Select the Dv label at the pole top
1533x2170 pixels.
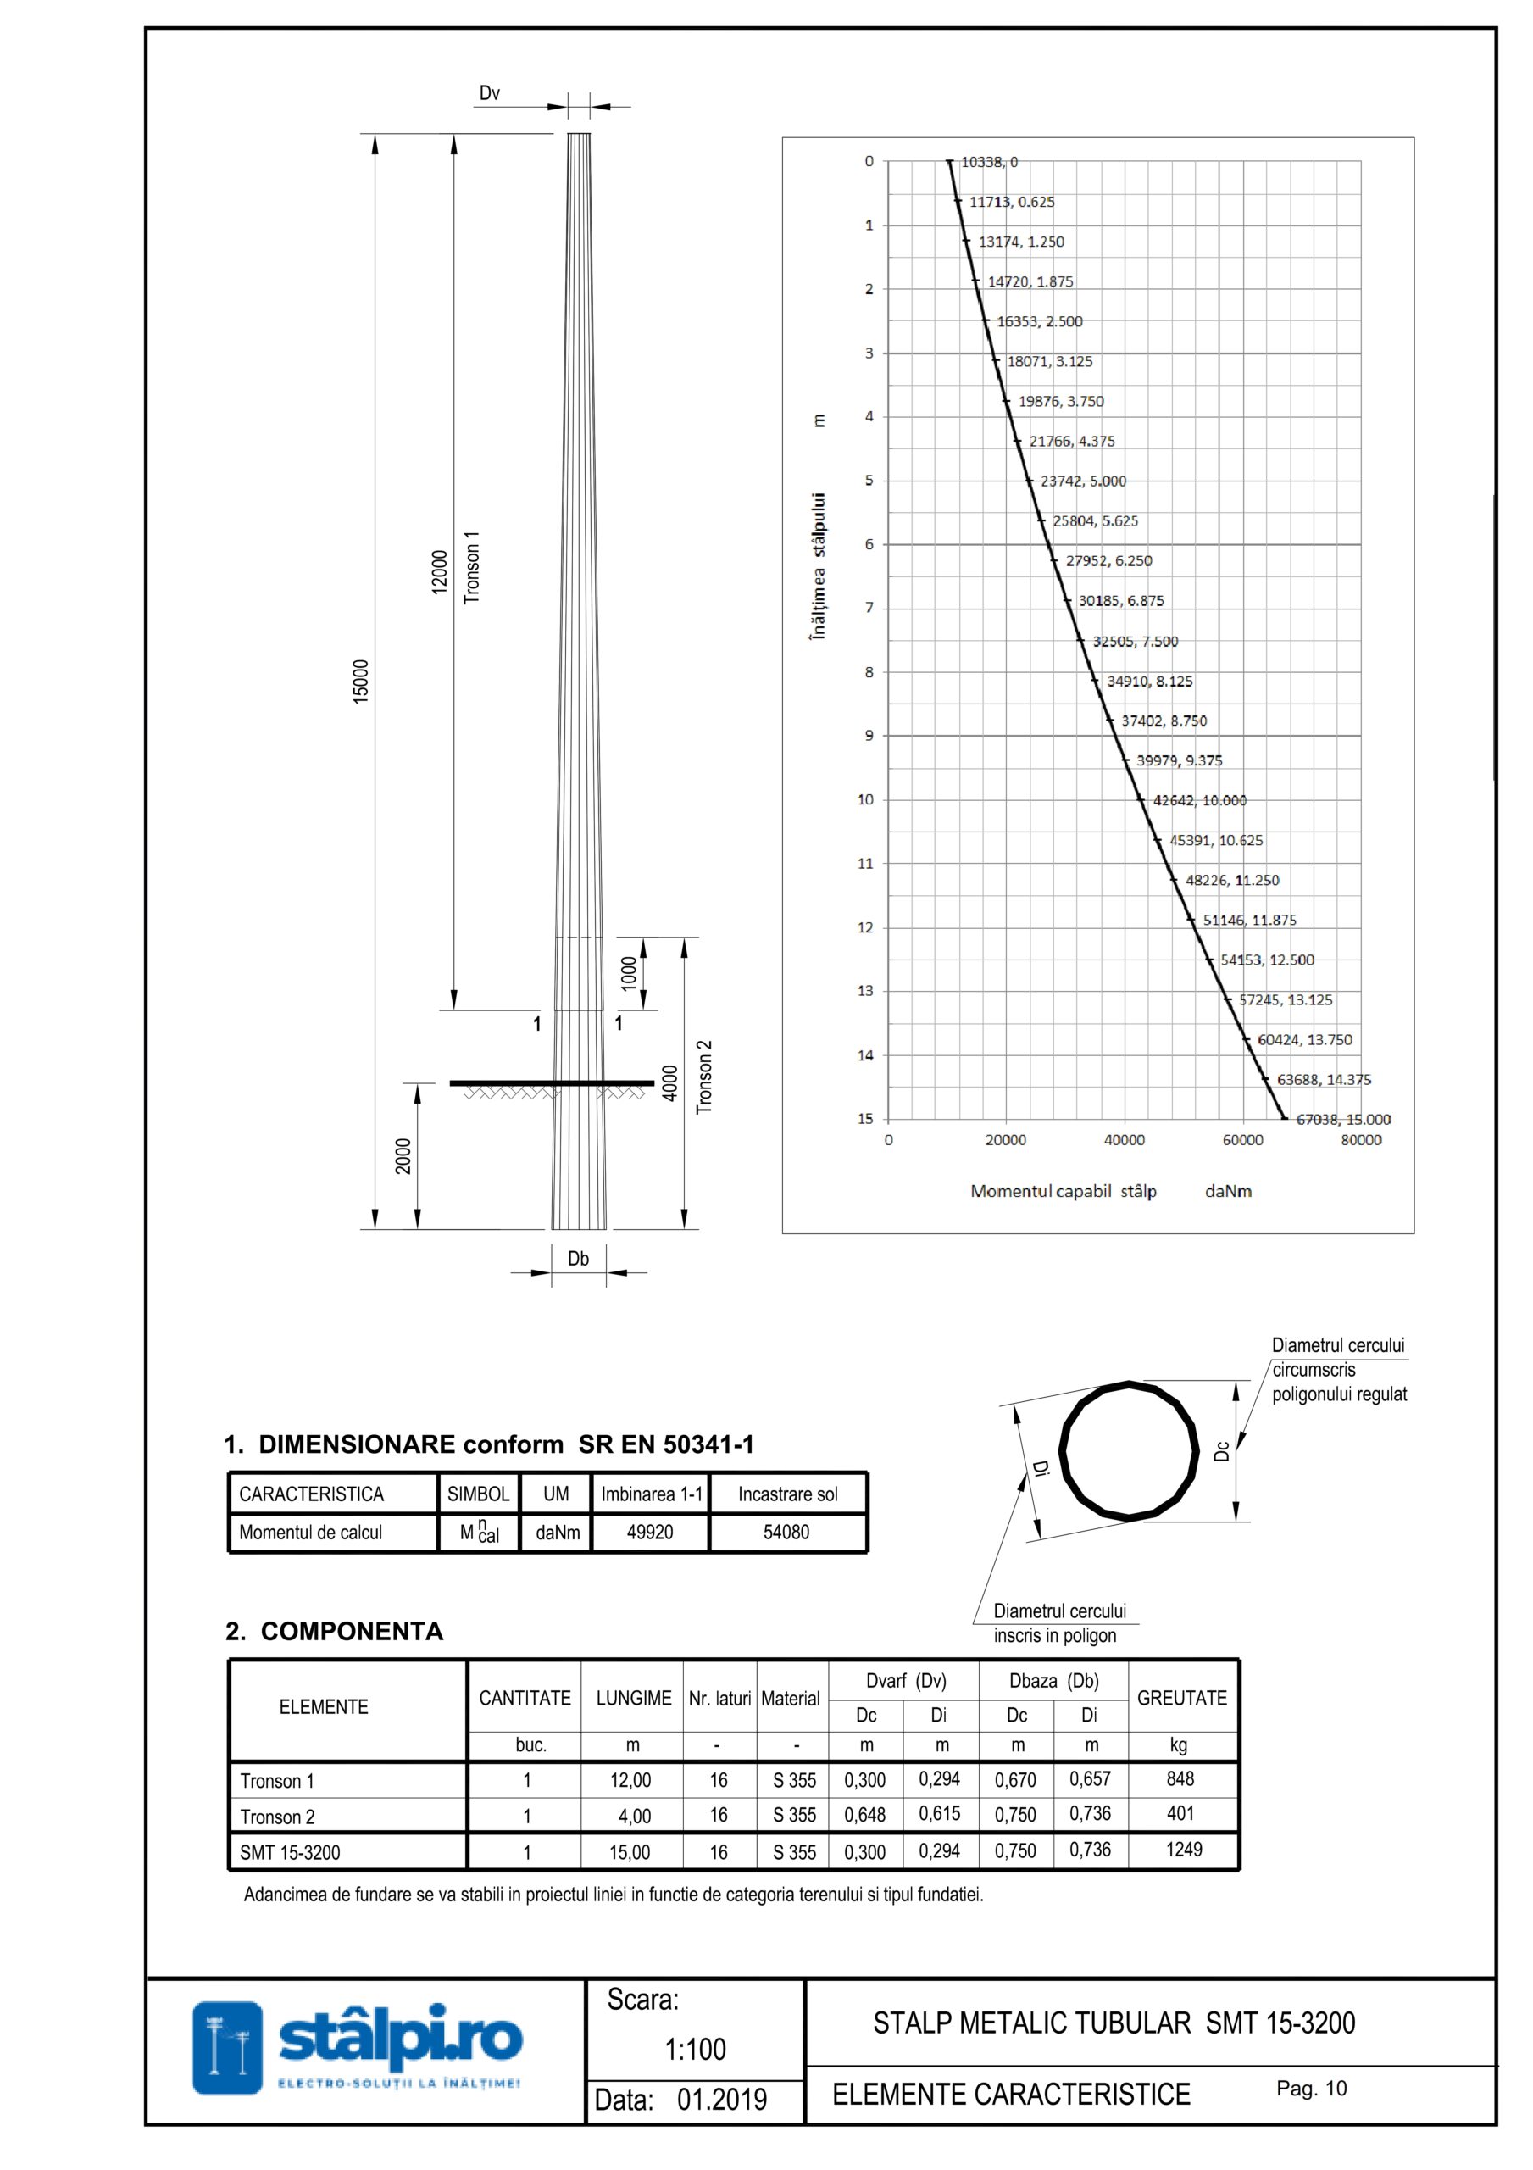[x=489, y=92]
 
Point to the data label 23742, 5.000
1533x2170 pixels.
[x=1083, y=481]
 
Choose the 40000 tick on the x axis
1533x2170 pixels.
[x=1124, y=1140]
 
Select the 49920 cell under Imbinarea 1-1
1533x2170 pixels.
[x=650, y=1532]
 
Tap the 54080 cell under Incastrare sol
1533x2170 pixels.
[x=786, y=1532]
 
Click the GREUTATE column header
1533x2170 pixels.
[x=1181, y=1699]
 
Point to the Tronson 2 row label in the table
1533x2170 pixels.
[x=277, y=1817]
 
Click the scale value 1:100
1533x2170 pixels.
[x=696, y=2049]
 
